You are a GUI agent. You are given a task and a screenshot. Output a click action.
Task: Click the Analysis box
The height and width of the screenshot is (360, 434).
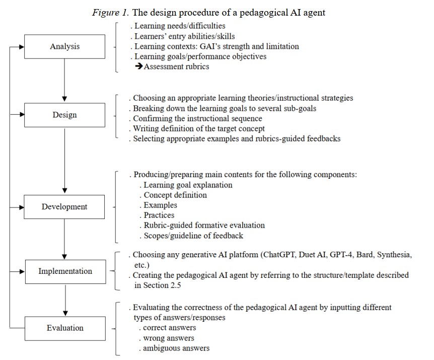coord(64,46)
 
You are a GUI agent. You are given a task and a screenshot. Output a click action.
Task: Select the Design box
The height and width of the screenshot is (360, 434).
coord(64,115)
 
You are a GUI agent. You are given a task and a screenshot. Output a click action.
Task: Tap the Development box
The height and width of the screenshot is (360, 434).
coord(64,206)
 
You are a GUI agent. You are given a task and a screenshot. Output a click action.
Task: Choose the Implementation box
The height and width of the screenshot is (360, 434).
coord(65,271)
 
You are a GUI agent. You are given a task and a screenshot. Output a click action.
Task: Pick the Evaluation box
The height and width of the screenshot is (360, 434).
coord(65,328)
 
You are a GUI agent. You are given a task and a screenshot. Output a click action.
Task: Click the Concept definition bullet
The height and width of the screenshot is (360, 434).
coord(175,195)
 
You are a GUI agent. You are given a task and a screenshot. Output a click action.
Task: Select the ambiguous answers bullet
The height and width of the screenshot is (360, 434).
coord(176,348)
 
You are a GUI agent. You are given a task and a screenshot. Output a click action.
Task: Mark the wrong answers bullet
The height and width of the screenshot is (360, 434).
coord(168,338)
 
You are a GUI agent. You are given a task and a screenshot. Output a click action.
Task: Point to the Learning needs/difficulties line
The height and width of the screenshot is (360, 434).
coord(180,26)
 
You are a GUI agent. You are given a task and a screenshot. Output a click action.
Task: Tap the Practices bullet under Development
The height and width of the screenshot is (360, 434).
coord(159,215)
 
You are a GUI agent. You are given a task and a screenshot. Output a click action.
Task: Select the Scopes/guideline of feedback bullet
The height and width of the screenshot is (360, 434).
coord(193,235)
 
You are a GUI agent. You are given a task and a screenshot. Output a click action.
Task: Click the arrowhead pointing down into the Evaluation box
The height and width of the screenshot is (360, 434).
coord(65,313)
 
